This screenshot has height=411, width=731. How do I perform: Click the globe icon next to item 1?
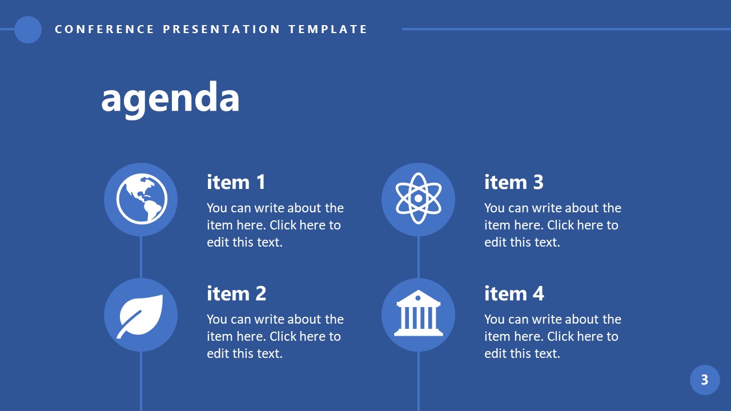click(x=141, y=199)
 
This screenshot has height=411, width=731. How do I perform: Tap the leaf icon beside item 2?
click(x=141, y=315)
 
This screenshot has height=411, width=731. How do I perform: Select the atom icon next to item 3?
click(x=418, y=199)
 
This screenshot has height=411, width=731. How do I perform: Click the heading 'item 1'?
click(x=236, y=183)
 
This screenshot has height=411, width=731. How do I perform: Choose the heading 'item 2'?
click(x=236, y=293)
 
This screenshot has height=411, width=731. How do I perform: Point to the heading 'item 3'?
click(x=514, y=183)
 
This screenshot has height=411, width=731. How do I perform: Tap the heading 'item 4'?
click(x=514, y=293)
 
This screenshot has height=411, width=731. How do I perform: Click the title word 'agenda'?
click(x=170, y=97)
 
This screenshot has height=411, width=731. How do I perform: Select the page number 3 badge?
click(x=705, y=380)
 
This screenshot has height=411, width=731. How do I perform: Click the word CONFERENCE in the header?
click(x=105, y=29)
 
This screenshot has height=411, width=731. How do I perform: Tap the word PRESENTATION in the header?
click(x=222, y=29)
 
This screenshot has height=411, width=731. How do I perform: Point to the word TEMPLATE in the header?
click(x=328, y=29)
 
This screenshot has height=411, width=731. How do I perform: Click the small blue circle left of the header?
click(x=28, y=29)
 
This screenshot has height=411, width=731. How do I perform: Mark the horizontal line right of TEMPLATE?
click(x=565, y=29)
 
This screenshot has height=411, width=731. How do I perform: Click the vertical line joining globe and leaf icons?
click(x=141, y=257)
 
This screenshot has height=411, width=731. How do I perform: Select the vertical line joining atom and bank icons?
click(x=419, y=257)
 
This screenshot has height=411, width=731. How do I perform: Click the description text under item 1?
click(x=275, y=225)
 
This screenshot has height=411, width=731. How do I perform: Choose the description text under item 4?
click(x=552, y=336)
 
